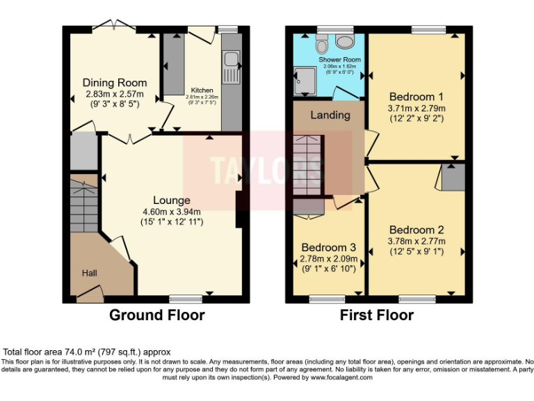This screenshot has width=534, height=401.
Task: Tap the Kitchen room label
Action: click(202, 91)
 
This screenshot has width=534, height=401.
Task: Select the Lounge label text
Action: click(172, 200)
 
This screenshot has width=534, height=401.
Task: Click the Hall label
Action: click(90, 274)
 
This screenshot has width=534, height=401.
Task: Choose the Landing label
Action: click(330, 115)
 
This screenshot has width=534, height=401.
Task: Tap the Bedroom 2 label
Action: click(416, 230)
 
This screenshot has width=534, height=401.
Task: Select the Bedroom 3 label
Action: click(328, 247)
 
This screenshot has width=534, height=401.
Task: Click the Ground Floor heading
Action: click(156, 315)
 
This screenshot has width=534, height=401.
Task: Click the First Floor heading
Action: click(376, 315)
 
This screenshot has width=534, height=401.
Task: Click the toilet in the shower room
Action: click(321, 45)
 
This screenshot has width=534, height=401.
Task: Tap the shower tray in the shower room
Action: click(304, 80)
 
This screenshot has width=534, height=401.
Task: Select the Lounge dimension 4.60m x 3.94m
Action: click(172, 212)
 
